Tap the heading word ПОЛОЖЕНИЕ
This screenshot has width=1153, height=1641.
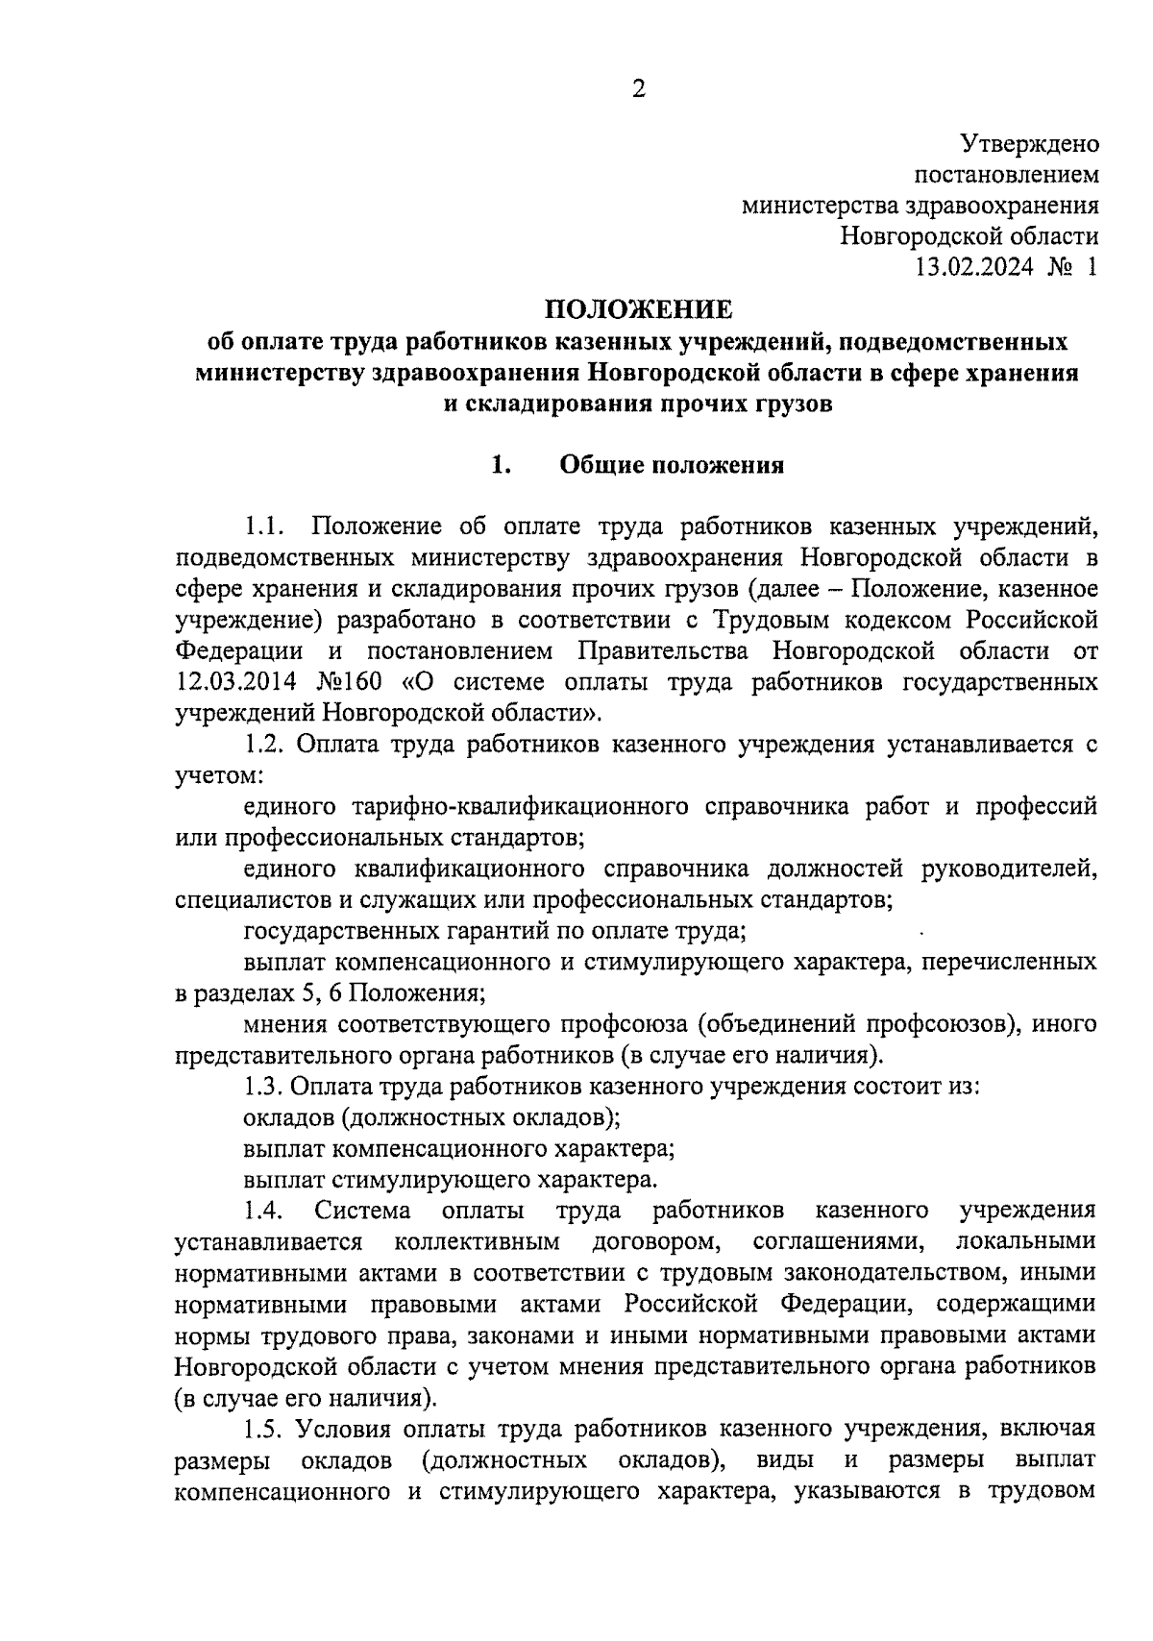click(639, 309)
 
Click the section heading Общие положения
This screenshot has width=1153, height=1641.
click(672, 466)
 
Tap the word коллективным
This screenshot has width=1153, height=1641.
click(478, 1241)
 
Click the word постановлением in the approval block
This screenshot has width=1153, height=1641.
click(1006, 175)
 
